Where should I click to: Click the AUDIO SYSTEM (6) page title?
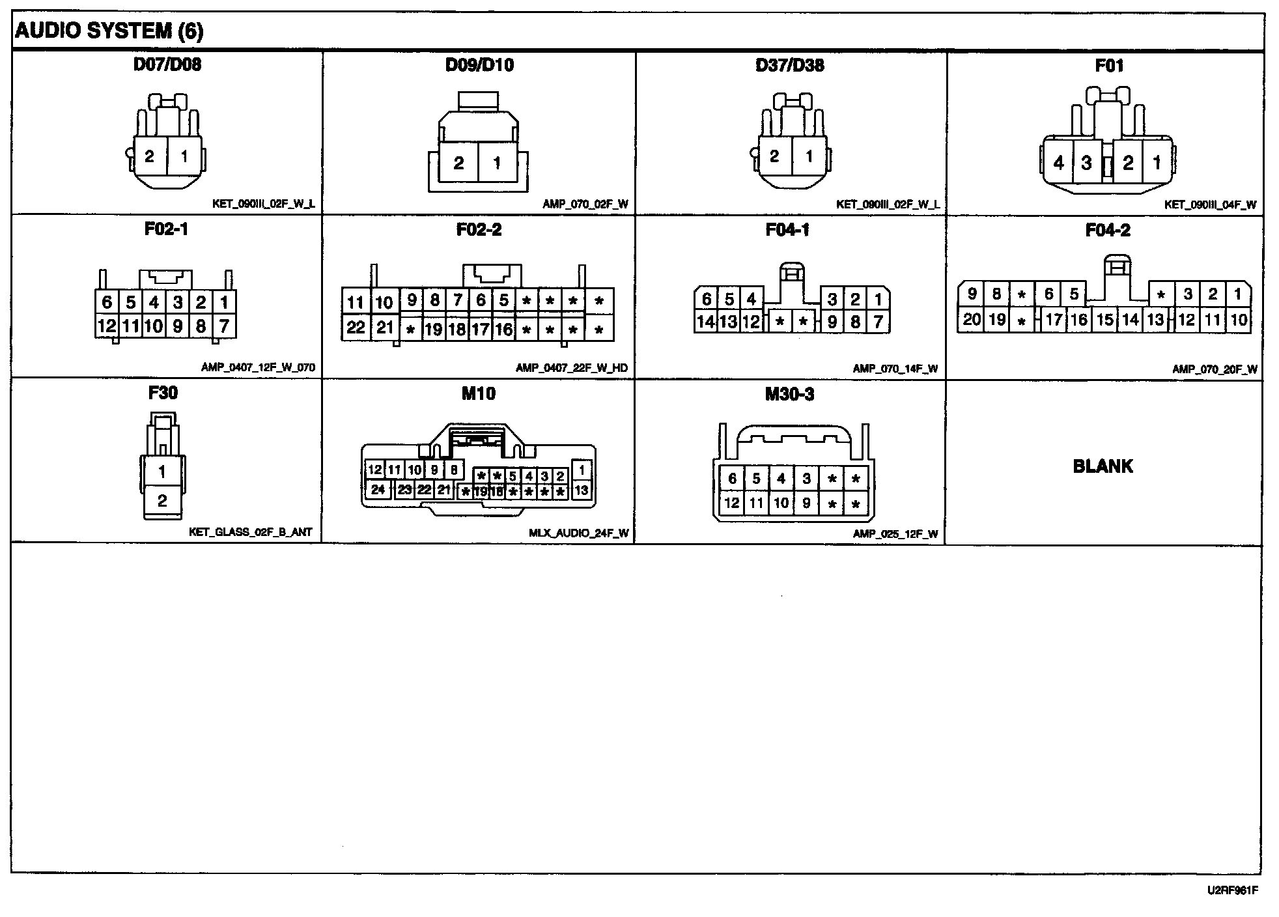point(109,31)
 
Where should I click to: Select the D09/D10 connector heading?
point(479,65)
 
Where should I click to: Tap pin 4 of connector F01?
point(1059,162)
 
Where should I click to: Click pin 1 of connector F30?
point(162,472)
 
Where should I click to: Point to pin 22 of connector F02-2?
point(356,327)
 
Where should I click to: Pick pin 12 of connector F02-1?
point(106,325)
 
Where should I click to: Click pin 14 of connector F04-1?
point(706,321)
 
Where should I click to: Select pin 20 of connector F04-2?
point(972,320)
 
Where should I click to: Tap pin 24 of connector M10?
point(378,489)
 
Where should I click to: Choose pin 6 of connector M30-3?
point(732,479)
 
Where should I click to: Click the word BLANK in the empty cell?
point(1103,466)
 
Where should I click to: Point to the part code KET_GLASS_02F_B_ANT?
point(251,532)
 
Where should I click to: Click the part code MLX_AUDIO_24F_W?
point(578,533)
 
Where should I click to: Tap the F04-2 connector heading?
point(1108,230)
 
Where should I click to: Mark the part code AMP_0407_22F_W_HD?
point(572,368)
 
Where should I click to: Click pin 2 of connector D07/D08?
point(150,156)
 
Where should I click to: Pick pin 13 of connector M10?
point(581,490)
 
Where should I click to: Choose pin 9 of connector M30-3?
point(806,503)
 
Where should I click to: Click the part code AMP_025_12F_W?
point(895,534)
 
